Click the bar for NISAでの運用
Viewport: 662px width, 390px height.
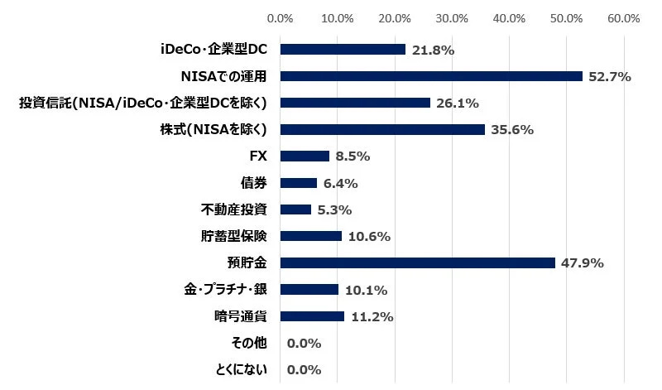[x=432, y=76]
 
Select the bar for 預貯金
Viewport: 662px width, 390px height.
[x=418, y=262]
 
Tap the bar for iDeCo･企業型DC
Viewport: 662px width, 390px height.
[x=343, y=50]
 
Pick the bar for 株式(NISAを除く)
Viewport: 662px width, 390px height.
[x=383, y=129]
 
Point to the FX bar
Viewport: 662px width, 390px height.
[x=305, y=156]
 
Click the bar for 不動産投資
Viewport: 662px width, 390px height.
[x=296, y=209]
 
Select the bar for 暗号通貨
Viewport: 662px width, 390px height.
[x=313, y=315]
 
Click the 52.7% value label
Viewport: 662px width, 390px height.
[x=610, y=77]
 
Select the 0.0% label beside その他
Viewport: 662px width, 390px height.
[x=304, y=343]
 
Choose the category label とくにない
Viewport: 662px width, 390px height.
[x=239, y=369]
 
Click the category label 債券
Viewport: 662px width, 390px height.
[x=254, y=182]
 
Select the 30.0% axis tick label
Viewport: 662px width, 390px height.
[x=452, y=17]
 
